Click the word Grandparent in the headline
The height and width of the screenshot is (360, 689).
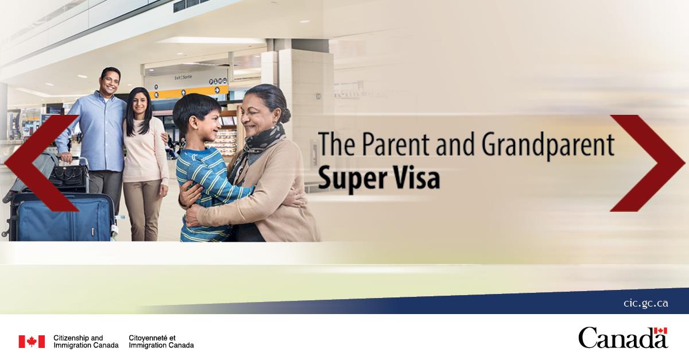(x=548, y=145)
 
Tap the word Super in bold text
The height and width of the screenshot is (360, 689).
(x=347, y=179)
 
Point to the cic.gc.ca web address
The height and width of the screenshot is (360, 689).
(x=645, y=303)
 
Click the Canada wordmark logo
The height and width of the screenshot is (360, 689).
(x=623, y=338)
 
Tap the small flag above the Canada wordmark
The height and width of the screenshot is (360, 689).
(x=660, y=331)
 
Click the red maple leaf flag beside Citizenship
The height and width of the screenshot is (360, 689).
(x=32, y=342)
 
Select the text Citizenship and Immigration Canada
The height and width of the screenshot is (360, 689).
(x=86, y=342)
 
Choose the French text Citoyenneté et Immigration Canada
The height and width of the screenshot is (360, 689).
(x=161, y=342)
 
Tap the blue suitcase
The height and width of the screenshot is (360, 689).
(x=63, y=218)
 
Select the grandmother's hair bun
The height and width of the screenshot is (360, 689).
(x=285, y=115)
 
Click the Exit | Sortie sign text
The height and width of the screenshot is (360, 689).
(x=183, y=78)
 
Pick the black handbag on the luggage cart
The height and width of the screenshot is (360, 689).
(x=68, y=175)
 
